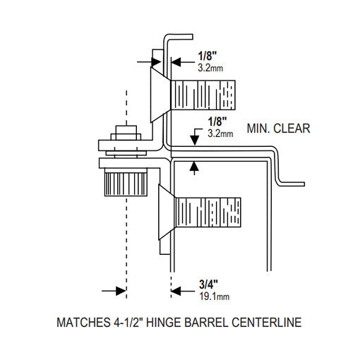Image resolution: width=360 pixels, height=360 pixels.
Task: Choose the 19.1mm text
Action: click(205, 297)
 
